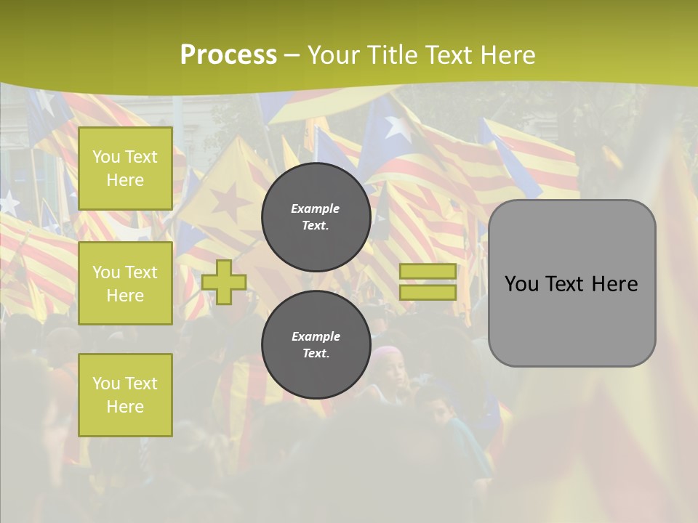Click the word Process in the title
(228, 55)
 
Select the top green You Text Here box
(125, 169)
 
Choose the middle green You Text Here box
(125, 283)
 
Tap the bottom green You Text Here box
(125, 395)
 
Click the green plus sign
(224, 282)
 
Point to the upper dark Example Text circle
(316, 216)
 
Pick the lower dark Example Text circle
(316, 344)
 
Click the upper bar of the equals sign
(428, 271)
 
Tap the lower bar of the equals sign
(428, 292)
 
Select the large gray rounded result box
(571, 283)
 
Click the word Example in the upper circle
(316, 208)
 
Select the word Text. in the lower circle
(316, 353)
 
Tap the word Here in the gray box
(614, 284)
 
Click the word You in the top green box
(106, 157)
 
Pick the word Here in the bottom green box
(125, 407)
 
